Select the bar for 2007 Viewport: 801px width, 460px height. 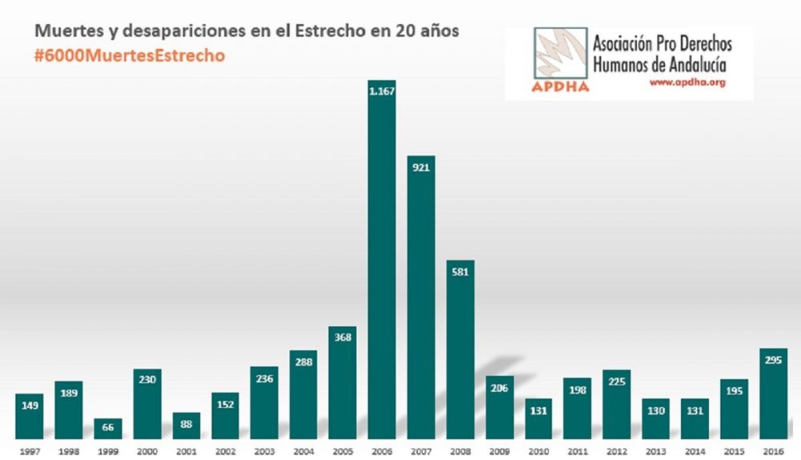pos(421,297)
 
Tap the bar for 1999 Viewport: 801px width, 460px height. pos(107,428)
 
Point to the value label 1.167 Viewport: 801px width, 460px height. pos(381,91)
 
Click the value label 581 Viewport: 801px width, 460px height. pos(460,271)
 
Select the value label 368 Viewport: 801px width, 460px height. pos(342,337)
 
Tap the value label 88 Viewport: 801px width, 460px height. pos(186,425)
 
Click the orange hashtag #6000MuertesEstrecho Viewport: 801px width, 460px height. pos(128,56)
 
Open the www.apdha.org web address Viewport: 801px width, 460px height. pos(686,82)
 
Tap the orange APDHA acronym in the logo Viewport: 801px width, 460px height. pos(560,87)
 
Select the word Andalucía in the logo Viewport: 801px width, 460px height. pos(698,63)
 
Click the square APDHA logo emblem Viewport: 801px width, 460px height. pos(560,56)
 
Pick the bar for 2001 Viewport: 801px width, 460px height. pos(186,425)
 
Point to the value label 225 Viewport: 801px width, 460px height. pos(617,381)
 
